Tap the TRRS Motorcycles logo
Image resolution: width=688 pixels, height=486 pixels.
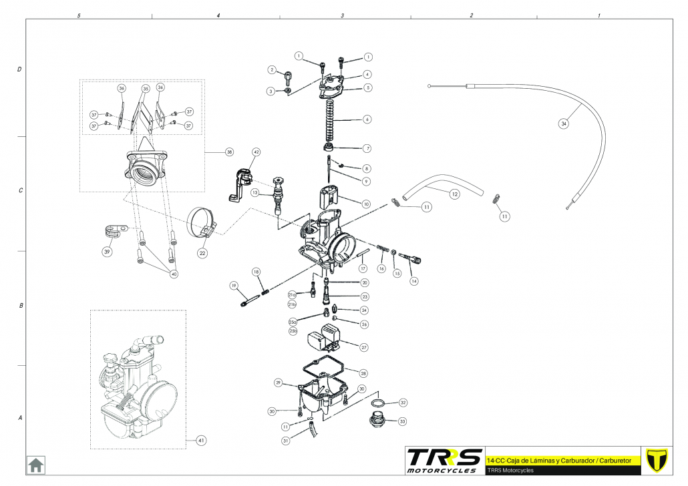[x=444, y=460]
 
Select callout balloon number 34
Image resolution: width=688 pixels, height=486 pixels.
[x=564, y=124]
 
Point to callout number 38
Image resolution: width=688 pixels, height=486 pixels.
[x=229, y=152]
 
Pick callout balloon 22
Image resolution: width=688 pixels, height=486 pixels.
[x=202, y=254]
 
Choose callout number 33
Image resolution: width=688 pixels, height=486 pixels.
[x=402, y=421]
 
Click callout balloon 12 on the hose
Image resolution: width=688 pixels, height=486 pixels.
[x=454, y=194]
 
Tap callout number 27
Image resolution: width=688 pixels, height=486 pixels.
[x=364, y=347]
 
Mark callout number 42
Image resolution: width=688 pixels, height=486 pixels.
[x=255, y=152]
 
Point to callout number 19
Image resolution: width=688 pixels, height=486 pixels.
[x=234, y=286]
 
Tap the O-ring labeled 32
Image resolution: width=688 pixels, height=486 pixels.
[x=377, y=404]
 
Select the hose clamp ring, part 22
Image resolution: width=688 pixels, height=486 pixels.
[x=202, y=222]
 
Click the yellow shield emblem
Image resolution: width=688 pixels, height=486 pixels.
[x=658, y=460]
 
